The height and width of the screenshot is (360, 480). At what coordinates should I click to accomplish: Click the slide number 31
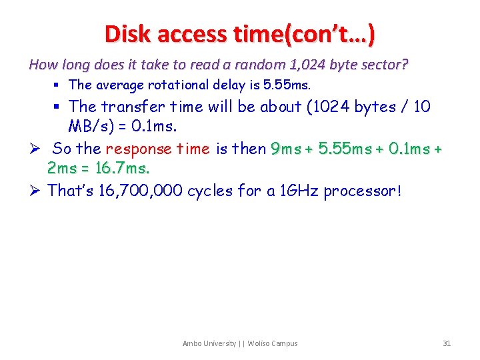point(447,343)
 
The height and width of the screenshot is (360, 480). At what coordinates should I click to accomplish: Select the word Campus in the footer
point(283,343)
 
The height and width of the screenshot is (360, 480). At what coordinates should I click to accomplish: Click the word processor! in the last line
point(363,191)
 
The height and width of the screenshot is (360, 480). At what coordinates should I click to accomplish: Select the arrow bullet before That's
point(35,191)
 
